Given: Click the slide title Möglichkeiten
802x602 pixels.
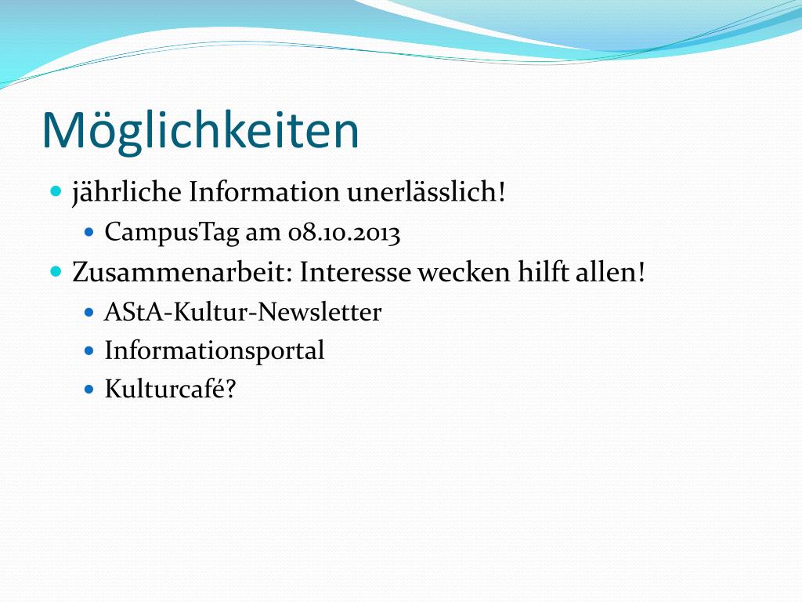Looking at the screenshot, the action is tap(200, 131).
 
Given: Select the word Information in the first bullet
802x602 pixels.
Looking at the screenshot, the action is tap(264, 192).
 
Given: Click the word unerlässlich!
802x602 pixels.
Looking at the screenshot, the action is tap(426, 192).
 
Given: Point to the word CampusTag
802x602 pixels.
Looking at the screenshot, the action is tap(172, 233).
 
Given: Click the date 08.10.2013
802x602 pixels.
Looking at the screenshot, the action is tap(344, 233).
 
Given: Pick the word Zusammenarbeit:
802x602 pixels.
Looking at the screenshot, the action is tap(182, 272).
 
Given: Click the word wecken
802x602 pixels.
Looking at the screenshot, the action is tap(464, 272).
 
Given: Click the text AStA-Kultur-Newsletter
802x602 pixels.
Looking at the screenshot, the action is tap(243, 312).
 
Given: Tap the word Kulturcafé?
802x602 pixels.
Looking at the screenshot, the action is tap(171, 389).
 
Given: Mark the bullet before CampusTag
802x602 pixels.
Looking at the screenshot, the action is tap(89, 232).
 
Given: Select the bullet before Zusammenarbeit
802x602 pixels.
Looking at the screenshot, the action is tap(56, 271).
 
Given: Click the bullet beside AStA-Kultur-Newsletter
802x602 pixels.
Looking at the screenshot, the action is tap(89, 312).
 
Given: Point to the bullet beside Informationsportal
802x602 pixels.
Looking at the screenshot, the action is tap(89, 351).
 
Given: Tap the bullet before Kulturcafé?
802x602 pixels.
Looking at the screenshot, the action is tap(89, 390).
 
